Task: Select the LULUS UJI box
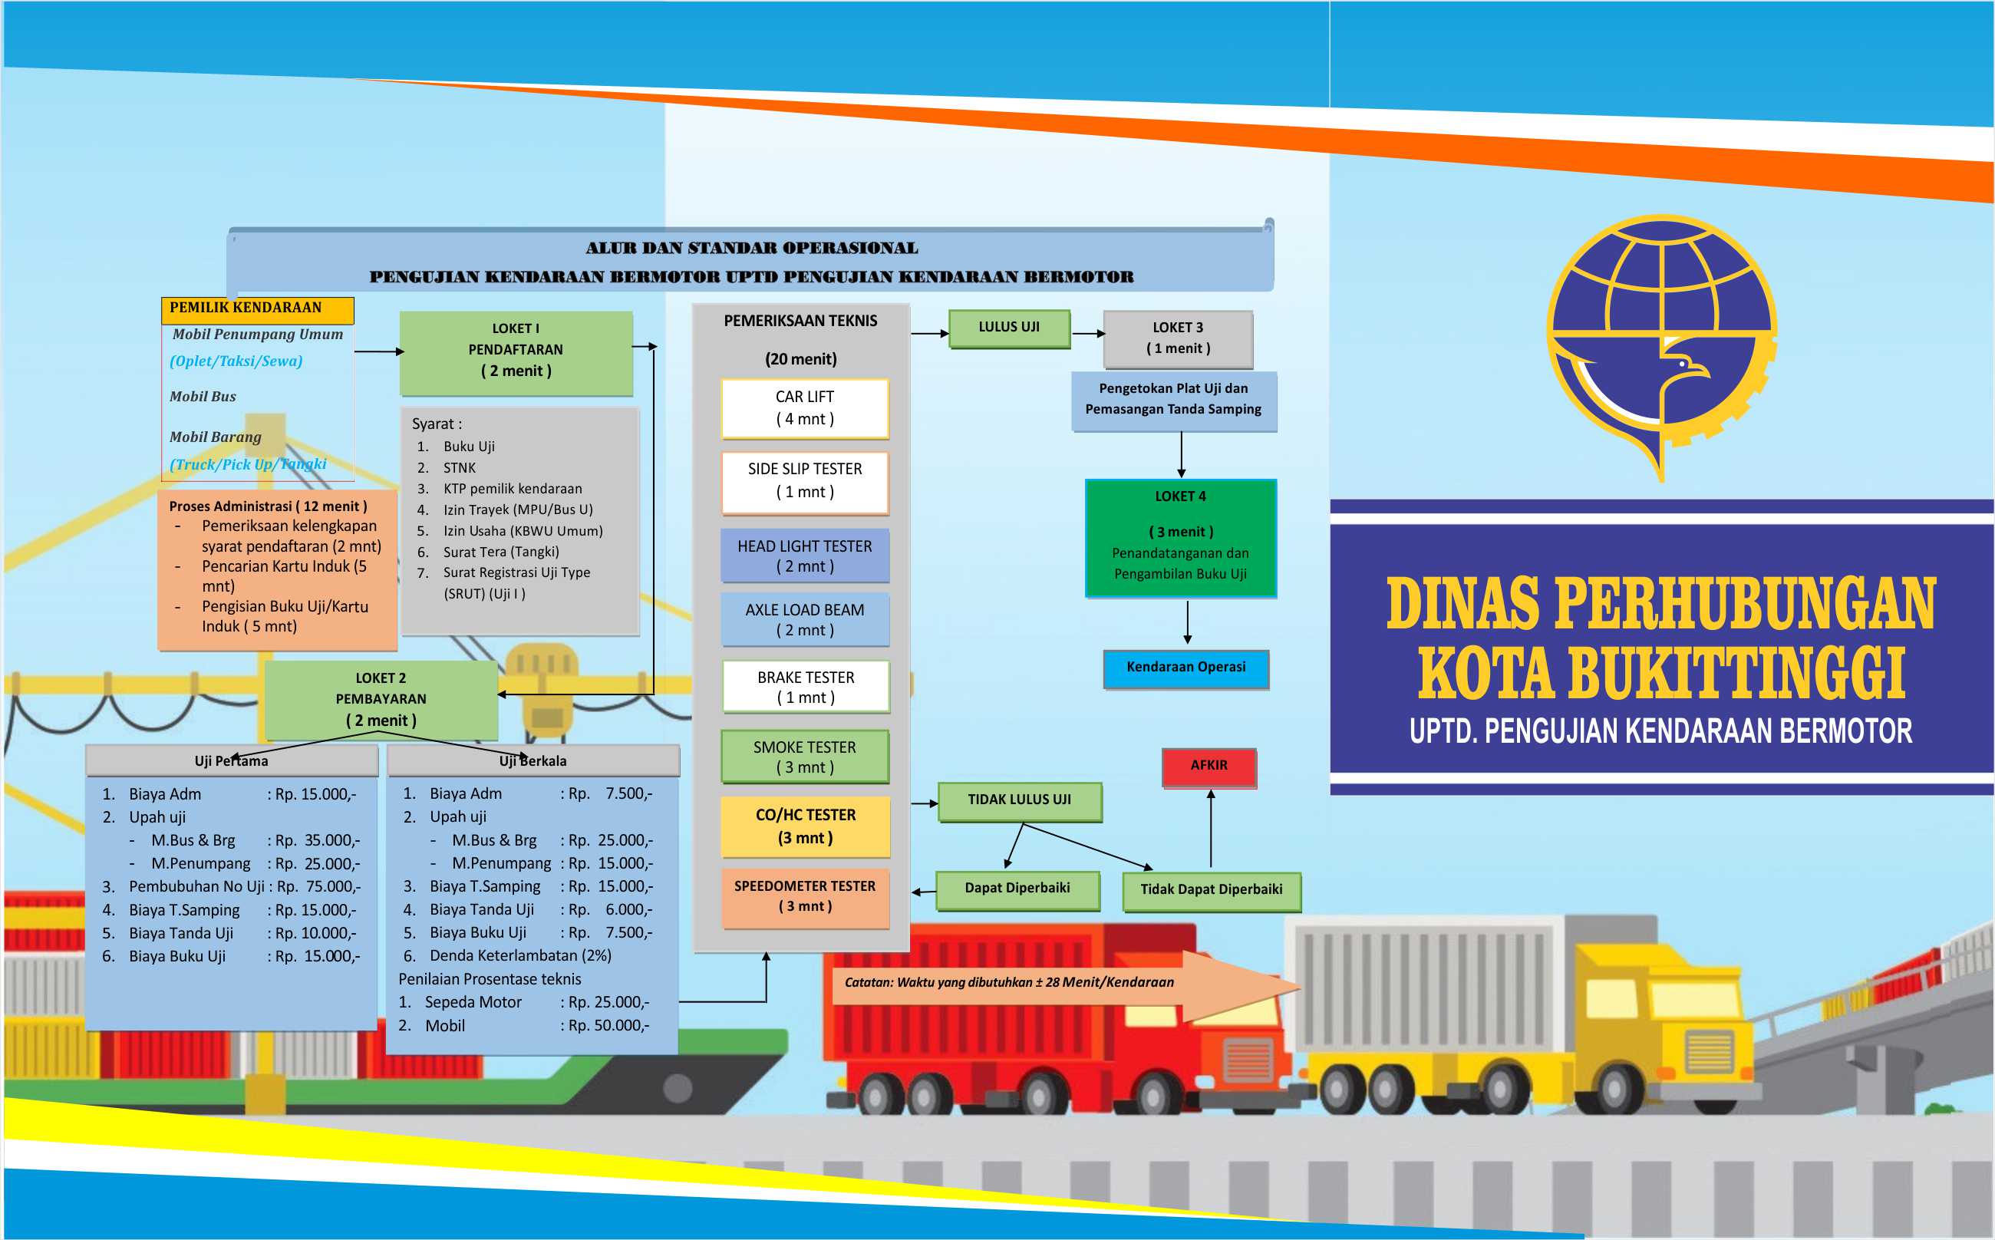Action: coord(1009,328)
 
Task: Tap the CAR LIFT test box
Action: coord(805,408)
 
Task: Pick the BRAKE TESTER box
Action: coord(806,688)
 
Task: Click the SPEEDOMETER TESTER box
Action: coord(805,897)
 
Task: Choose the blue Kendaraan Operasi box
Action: coord(1185,668)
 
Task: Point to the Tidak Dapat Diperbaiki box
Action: coord(1211,891)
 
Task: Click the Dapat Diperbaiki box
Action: coord(1017,890)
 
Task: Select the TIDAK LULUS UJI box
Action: coord(1019,801)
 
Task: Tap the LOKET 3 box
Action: coord(1179,338)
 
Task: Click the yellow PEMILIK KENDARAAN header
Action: coord(258,309)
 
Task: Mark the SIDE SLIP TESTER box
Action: coord(805,482)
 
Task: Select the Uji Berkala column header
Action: coord(533,760)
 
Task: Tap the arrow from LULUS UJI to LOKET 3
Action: coord(1088,334)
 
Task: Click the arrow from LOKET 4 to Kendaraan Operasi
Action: coord(1187,622)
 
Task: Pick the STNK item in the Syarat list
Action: coord(459,467)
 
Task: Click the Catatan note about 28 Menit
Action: coord(1009,982)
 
